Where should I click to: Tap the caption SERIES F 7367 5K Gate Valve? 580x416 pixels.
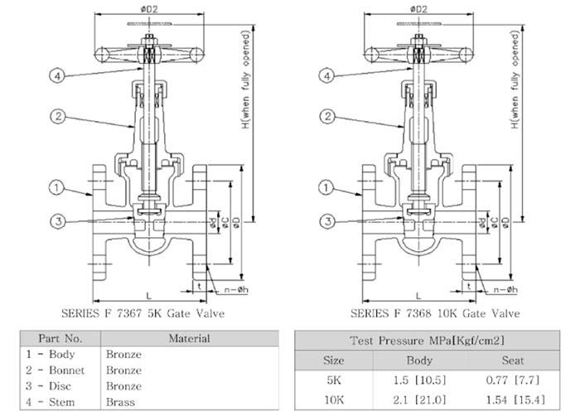tap(143, 313)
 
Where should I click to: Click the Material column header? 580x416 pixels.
tap(189, 338)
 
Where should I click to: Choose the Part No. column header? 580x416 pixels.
tap(61, 338)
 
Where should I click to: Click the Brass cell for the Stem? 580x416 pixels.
tap(121, 401)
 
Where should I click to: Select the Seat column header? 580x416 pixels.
tap(513, 361)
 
